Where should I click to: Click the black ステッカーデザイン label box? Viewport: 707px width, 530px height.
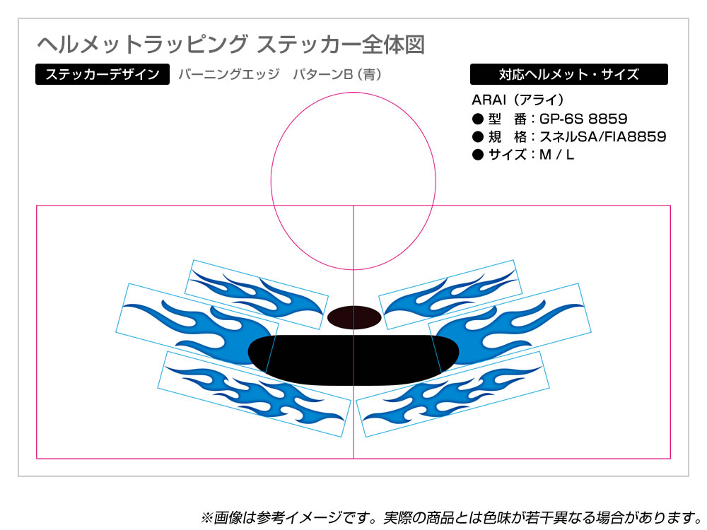pyautogui.click(x=103, y=74)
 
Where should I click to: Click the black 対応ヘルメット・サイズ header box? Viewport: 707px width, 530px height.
pyautogui.click(x=568, y=74)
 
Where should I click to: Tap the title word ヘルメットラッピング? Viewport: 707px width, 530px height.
pyautogui.click(x=143, y=45)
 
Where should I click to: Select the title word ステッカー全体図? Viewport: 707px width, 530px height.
pyautogui.click(x=341, y=45)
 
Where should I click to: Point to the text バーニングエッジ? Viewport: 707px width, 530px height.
pyautogui.click(x=229, y=74)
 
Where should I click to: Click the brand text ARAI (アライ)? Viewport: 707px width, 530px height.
pyautogui.click(x=518, y=100)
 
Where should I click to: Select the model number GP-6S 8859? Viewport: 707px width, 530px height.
pyautogui.click(x=583, y=119)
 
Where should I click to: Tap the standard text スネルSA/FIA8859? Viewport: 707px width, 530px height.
pyautogui.click(x=603, y=136)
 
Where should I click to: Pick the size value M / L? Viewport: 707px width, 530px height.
pyautogui.click(x=556, y=155)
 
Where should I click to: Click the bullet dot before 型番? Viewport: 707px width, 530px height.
pyautogui.click(x=477, y=119)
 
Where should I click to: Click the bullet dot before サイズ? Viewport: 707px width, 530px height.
pyautogui.click(x=477, y=155)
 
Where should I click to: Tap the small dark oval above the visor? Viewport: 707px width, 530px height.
pyautogui.click(x=354, y=317)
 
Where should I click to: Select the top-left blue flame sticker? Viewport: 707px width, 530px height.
pyautogui.click(x=257, y=294)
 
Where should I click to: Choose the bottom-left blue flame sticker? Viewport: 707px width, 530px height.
pyautogui.click(x=255, y=394)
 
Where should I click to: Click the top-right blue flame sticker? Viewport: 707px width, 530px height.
pyautogui.click(x=450, y=294)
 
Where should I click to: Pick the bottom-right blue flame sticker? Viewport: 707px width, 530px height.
pyautogui.click(x=452, y=394)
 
